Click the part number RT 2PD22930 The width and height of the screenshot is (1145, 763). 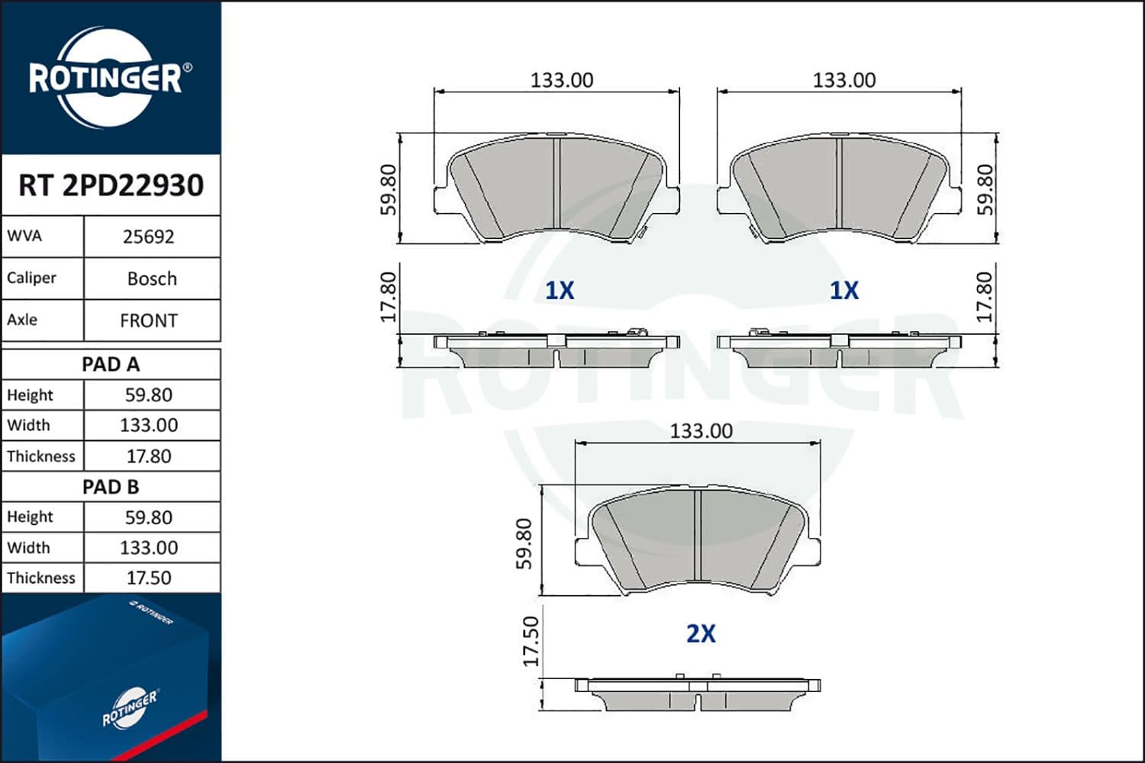coord(111,185)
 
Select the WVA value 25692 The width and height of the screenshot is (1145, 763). coord(149,237)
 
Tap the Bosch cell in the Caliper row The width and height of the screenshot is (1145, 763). coord(152,278)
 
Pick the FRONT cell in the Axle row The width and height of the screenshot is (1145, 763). coord(149,320)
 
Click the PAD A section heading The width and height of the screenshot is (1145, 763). coord(111,365)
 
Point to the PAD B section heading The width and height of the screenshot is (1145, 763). coord(111,487)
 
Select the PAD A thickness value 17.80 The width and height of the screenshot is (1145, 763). coord(149,456)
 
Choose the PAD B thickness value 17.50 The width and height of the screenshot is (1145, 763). coord(149,578)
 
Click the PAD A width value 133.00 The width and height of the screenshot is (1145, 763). coord(149,425)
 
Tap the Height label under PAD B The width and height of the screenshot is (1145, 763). coord(30,517)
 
